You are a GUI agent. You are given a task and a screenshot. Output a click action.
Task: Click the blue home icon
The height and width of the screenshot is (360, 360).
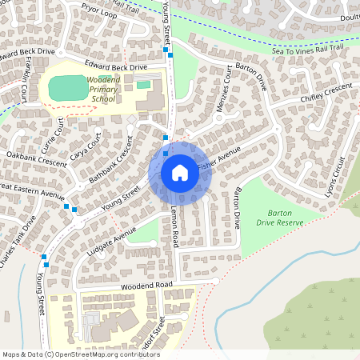(179, 173)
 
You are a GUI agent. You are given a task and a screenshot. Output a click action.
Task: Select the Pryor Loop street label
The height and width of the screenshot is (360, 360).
(98, 10)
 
